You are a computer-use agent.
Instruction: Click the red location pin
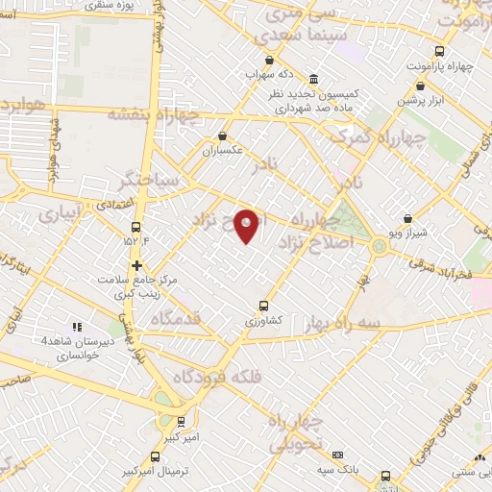(247, 225)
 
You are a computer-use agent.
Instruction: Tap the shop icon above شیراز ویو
(408, 219)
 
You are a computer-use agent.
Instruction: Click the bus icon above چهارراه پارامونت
(439, 52)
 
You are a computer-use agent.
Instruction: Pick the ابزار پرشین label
(420, 101)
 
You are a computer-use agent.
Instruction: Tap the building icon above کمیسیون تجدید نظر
(313, 79)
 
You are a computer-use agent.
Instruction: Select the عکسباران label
(223, 151)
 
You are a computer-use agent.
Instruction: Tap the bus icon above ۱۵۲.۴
(135, 228)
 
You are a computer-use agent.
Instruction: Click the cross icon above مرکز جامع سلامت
(136, 265)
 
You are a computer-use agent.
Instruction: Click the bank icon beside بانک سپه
(337, 455)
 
